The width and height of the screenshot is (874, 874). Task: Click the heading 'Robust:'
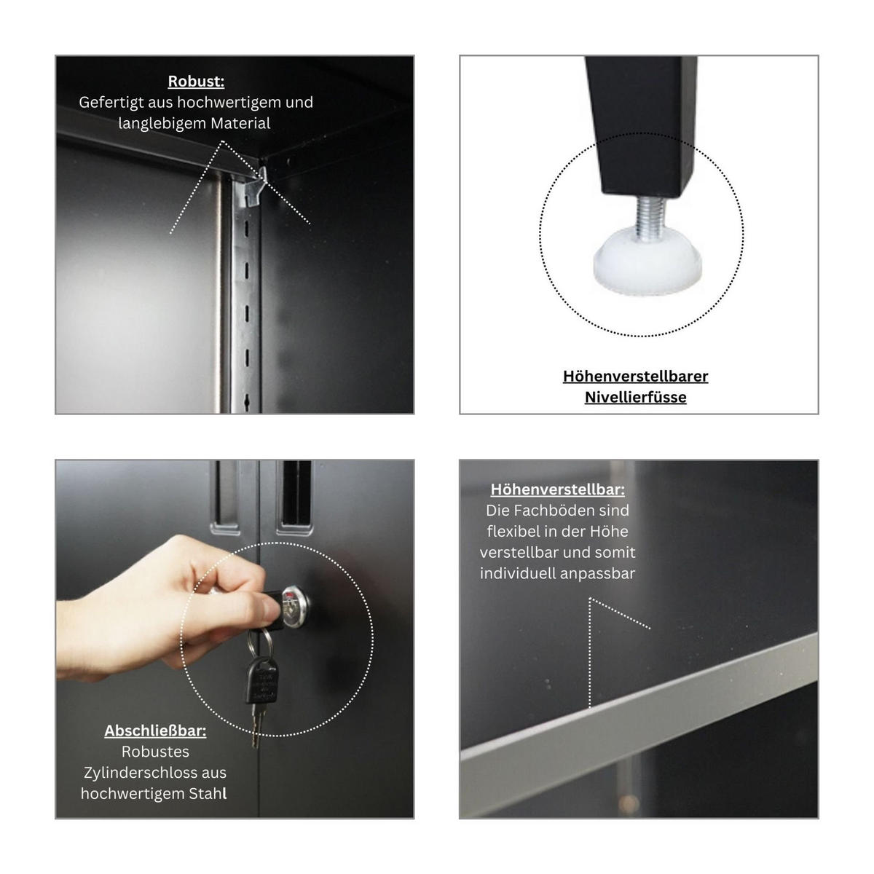(x=196, y=81)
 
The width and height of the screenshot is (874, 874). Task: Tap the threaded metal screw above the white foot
(x=650, y=216)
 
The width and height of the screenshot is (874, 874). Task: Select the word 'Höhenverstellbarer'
(x=635, y=376)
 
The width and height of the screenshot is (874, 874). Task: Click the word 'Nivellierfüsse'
(x=635, y=397)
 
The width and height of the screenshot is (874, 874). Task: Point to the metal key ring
(x=259, y=641)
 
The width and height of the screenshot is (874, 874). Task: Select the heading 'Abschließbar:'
(x=155, y=731)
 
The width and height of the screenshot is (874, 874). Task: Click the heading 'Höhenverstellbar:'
(x=557, y=489)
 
